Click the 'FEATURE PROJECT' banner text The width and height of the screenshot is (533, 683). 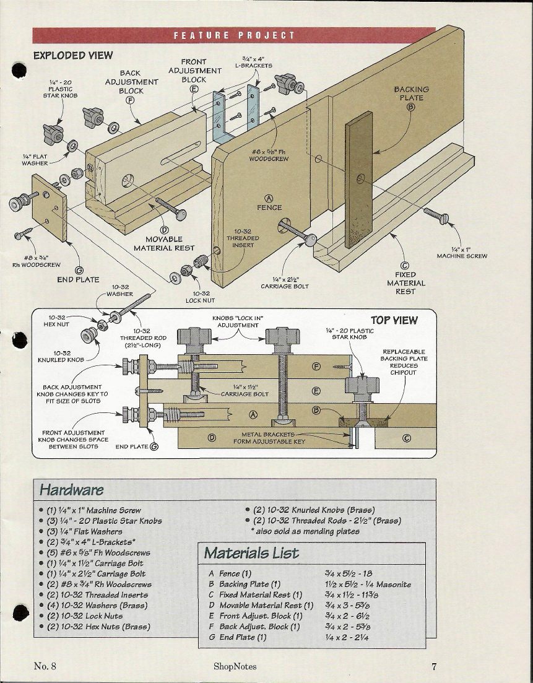pos(234,35)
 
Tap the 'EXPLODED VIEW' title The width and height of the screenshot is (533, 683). pos(73,55)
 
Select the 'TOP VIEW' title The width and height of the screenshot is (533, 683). pos(394,320)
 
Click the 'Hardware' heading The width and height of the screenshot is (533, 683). pos(71,490)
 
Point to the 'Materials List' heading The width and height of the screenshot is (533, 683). pos(251,553)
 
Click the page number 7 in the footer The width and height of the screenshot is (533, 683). pos(435,666)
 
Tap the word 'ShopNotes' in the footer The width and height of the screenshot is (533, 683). pos(235,666)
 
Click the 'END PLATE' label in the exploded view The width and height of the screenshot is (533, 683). pos(78,279)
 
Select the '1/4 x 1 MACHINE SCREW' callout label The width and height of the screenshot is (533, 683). pos(462,252)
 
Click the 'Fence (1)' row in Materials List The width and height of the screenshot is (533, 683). pos(230,574)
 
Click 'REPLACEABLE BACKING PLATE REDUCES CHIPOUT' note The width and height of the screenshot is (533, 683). pos(403,365)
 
